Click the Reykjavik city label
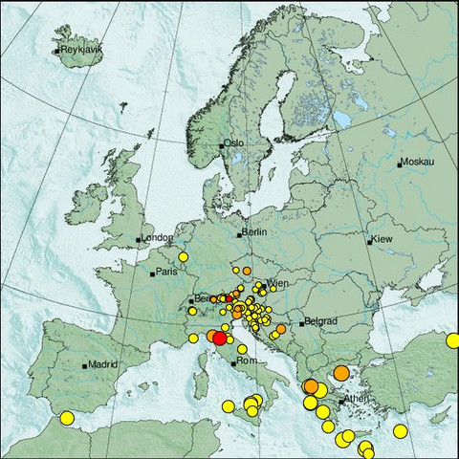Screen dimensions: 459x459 tap(80, 50)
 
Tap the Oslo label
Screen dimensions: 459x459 tap(234, 143)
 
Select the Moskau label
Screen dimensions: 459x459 tap(418, 162)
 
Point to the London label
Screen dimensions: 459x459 tap(158, 237)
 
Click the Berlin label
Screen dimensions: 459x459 tap(253, 232)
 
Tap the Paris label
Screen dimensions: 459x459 tap(167, 272)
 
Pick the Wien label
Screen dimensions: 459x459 tap(277, 284)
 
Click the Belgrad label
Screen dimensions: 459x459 tap(317, 322)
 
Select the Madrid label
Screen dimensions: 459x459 tap(103, 363)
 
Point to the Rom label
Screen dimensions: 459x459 tap(246, 361)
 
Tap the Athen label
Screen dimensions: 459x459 tap(357, 399)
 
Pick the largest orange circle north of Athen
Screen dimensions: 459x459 tap(340, 374)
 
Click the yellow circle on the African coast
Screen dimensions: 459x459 tap(67, 417)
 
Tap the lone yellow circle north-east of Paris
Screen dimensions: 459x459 tap(183, 256)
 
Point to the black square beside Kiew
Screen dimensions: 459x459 tap(370, 241)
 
